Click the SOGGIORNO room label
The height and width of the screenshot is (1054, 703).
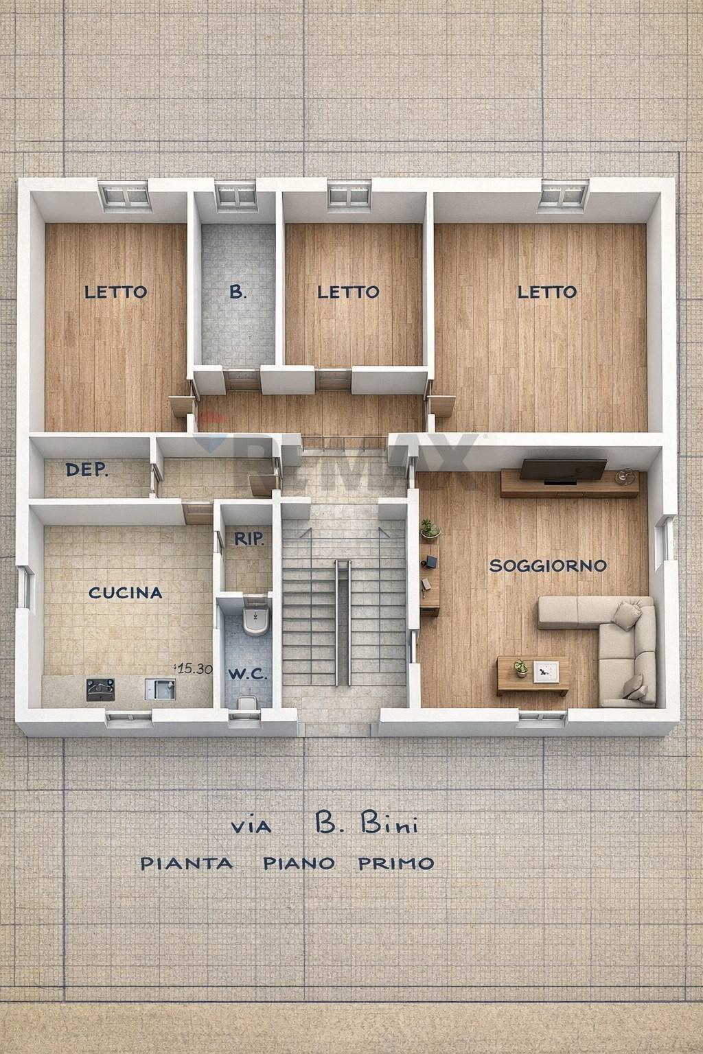548,565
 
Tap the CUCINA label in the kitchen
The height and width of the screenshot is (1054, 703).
126,592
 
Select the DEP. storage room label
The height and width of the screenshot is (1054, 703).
87,470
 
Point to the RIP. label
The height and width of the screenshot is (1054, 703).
249,539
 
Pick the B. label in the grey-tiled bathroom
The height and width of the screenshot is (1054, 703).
238,292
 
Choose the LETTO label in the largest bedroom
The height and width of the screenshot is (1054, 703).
546,292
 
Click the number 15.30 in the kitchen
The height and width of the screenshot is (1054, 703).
194,669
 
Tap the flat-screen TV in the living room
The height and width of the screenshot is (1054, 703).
563,470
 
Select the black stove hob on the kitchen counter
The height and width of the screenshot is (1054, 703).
101,688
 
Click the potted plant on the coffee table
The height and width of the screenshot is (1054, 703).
520,668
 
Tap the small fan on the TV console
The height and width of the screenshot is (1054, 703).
624,475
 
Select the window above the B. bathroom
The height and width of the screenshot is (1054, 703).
237,196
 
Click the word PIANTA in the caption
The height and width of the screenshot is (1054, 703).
186,863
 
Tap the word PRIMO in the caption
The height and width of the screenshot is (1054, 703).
395,863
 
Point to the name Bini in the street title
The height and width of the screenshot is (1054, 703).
389,825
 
